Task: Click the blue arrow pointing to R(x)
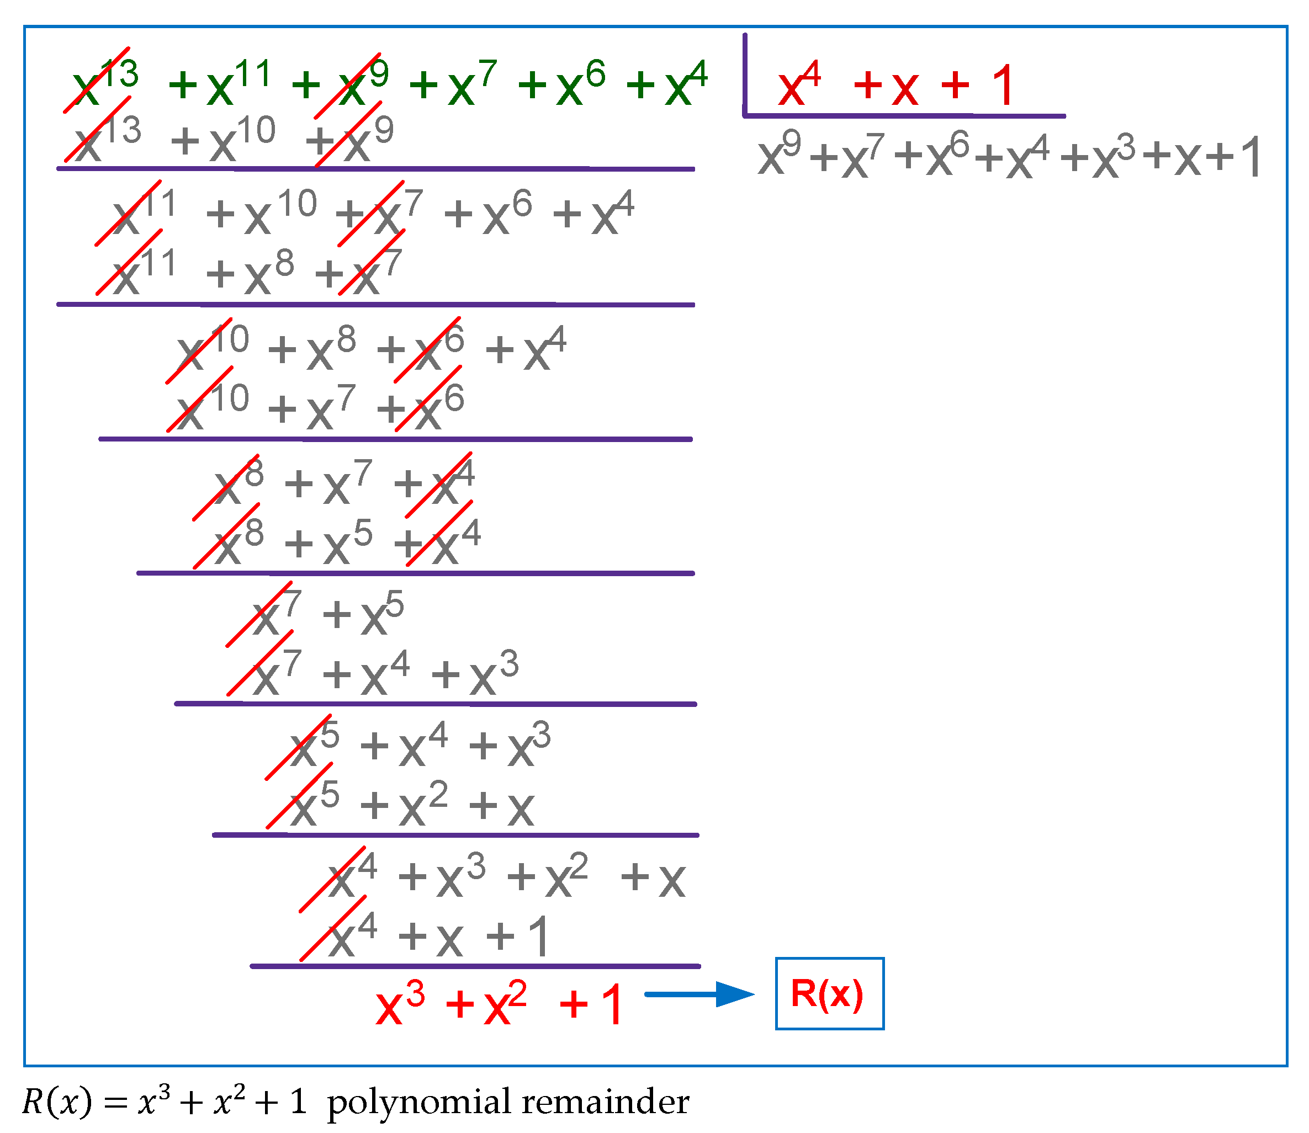pyautogui.click(x=698, y=995)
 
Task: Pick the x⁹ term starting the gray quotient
pyautogui.click(x=778, y=155)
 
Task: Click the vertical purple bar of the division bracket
pyautogui.click(x=745, y=75)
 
